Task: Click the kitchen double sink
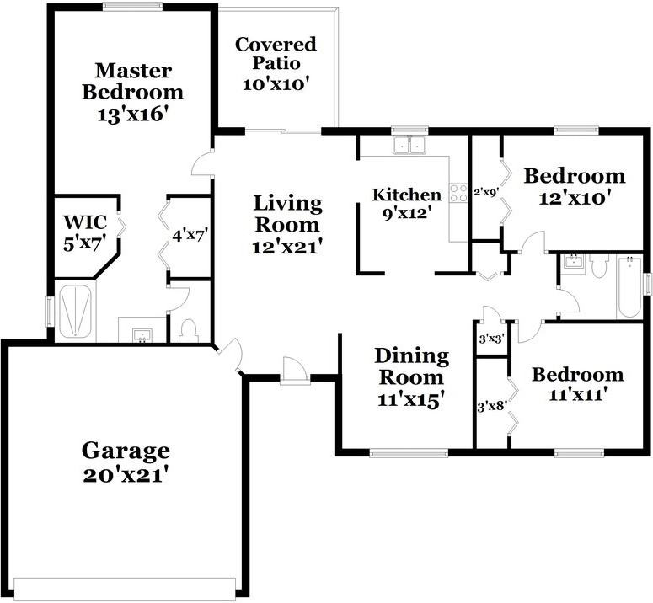409,144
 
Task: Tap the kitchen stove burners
458,193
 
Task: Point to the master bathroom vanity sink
143,335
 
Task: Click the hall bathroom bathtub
629,287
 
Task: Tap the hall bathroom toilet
599,266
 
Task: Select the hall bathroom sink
575,262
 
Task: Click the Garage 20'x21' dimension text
126,475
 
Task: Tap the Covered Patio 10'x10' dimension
276,84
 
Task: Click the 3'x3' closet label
492,339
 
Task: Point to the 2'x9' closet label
486,192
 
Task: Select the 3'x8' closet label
491,406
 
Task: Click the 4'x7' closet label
190,236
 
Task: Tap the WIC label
85,222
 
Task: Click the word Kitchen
407,195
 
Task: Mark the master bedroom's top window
132,5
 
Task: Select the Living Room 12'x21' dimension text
287,248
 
